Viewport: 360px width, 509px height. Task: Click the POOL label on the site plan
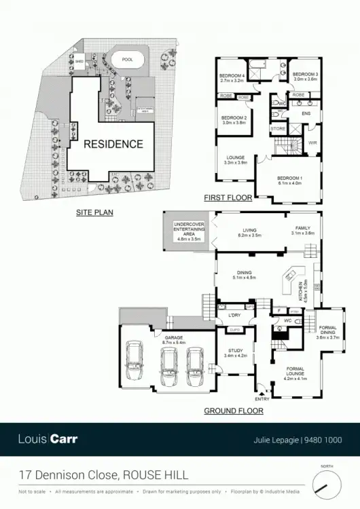pos(128,60)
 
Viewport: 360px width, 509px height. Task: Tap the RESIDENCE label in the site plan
pos(113,144)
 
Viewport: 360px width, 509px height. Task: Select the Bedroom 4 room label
pos(232,78)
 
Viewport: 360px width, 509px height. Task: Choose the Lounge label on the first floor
pos(235,160)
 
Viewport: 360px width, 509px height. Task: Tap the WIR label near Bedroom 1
pos(312,143)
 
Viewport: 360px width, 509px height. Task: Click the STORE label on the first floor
pos(278,128)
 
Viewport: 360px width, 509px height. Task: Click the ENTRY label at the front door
pos(262,399)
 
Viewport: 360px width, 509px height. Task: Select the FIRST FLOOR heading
pos(228,198)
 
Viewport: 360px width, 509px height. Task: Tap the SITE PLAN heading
pos(94,212)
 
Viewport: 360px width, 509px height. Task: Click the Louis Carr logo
pos(48,438)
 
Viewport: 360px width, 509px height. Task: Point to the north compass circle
pos(327,485)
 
